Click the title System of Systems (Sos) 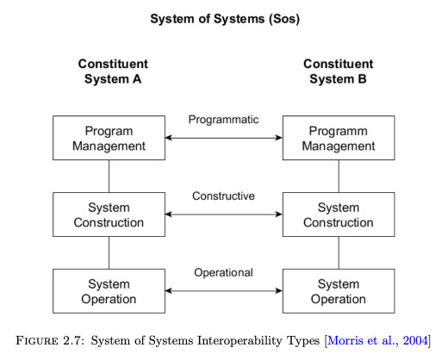pos(225,19)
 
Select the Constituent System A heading pos(113,71)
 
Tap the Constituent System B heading pos(339,71)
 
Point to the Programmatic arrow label pos(223,120)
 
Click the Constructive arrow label pos(223,196)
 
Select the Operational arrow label pos(223,273)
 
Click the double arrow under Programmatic pos(224,138)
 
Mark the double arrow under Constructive pos(224,214)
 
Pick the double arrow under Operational pos(224,291)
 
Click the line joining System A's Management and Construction pos(109,176)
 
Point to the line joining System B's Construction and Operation pos(339,252)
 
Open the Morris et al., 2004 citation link pos(377,341)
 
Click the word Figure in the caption pos(37,341)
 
